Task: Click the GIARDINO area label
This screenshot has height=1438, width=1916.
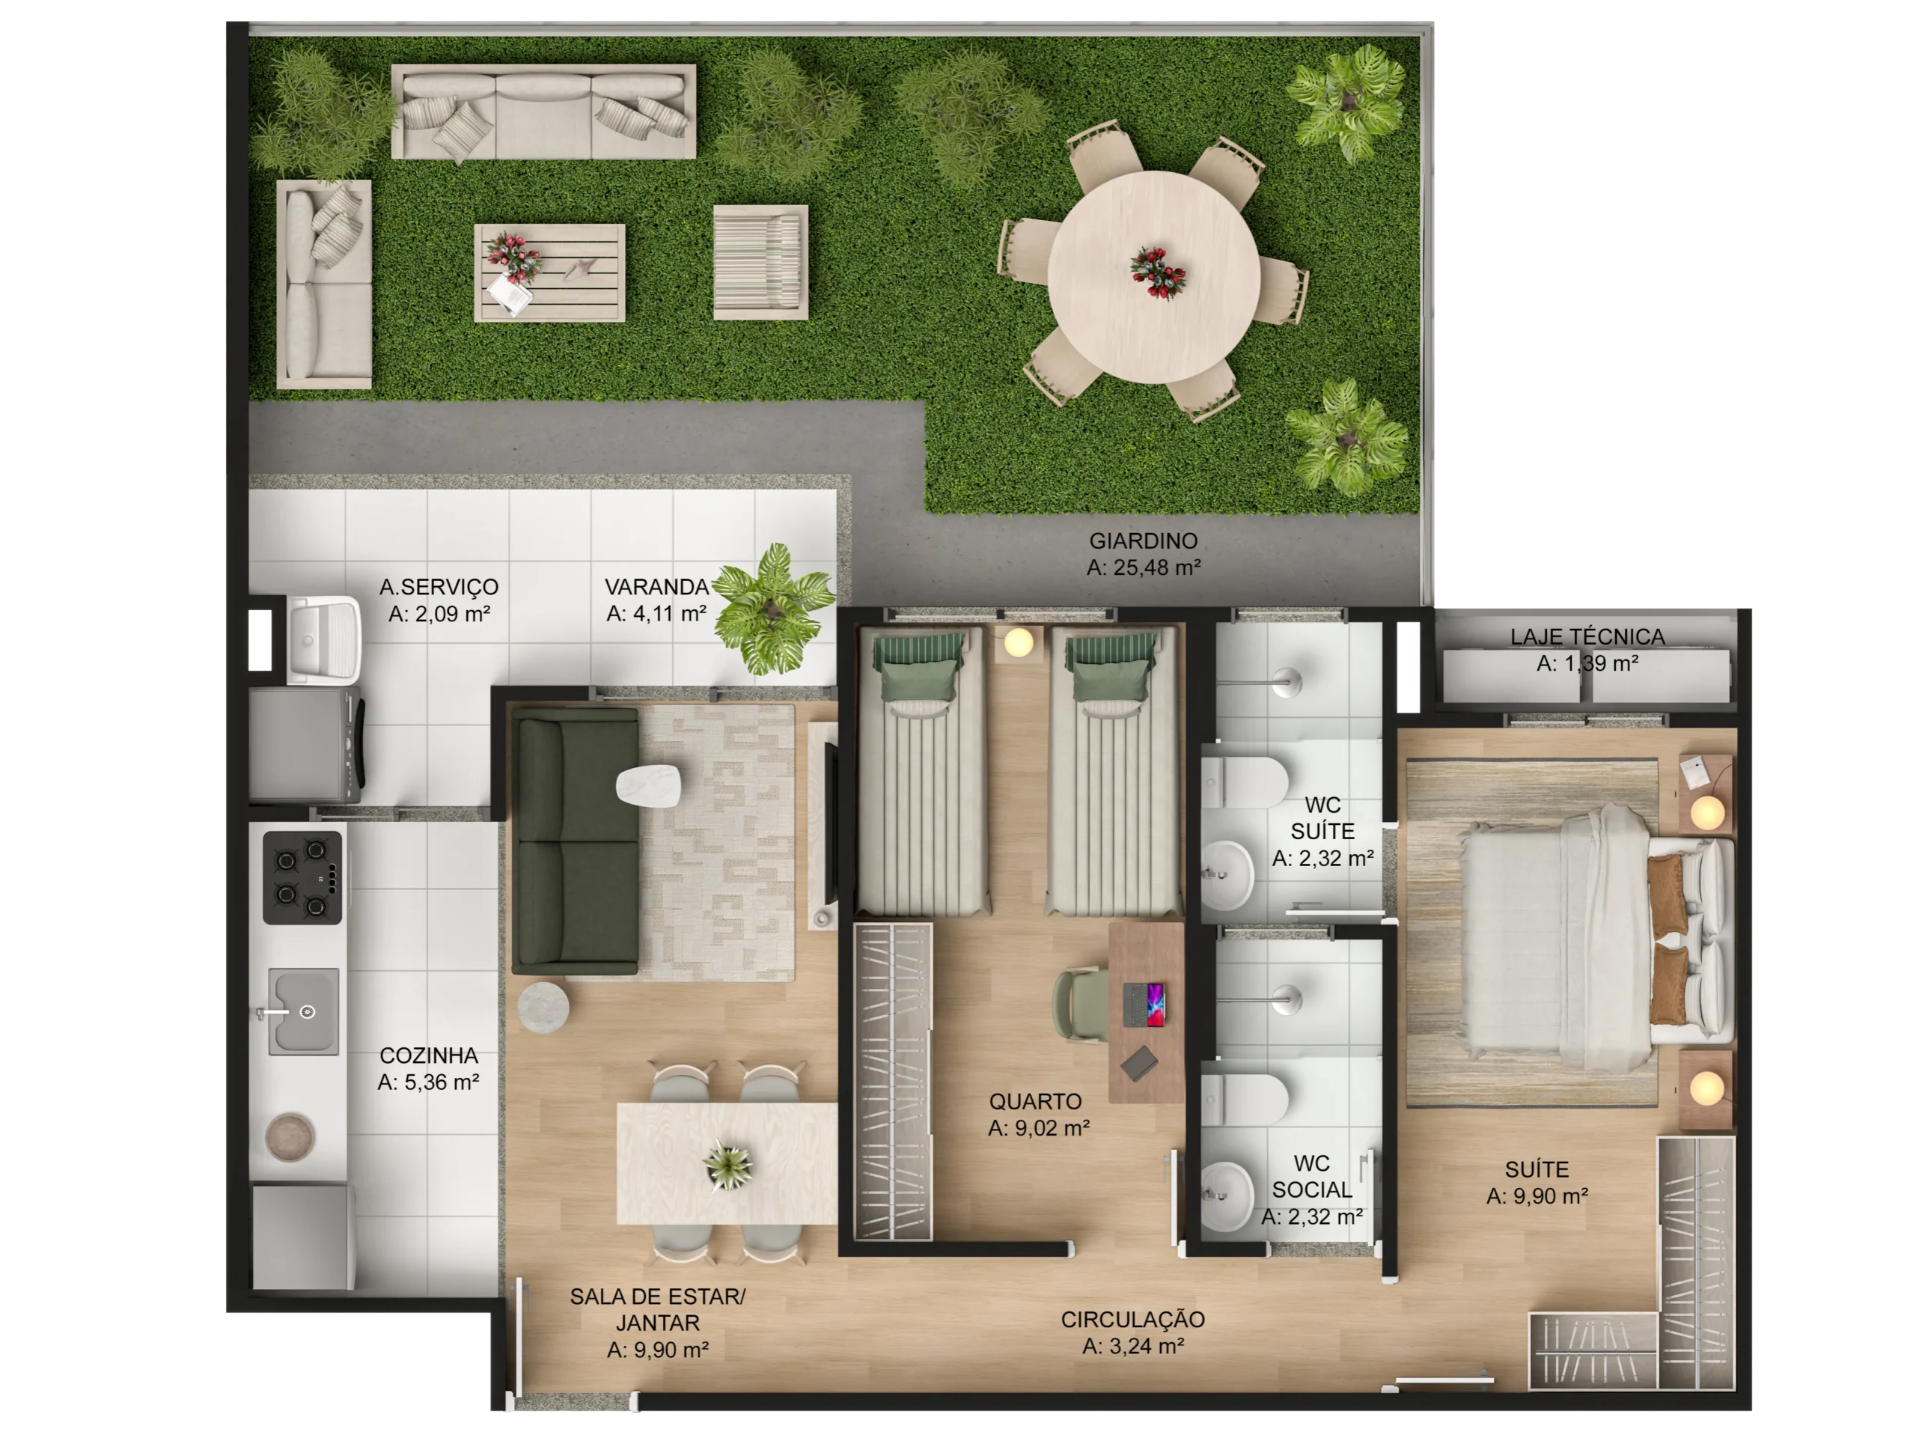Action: [x=1143, y=540]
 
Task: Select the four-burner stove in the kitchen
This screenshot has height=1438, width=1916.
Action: [x=302, y=877]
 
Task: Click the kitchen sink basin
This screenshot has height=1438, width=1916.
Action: [x=303, y=1011]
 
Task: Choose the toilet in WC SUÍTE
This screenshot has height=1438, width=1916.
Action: [x=1244, y=782]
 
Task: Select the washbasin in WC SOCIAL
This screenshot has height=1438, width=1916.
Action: [x=1227, y=1195]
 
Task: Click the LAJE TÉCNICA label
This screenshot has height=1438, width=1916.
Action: [x=1587, y=637]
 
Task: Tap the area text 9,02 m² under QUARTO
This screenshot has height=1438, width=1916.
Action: [x=1039, y=1128]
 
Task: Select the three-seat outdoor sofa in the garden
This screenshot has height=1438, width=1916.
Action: [x=543, y=112]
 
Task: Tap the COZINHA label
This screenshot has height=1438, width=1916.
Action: [x=429, y=1055]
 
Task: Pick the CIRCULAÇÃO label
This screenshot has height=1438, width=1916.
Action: [x=1132, y=1319]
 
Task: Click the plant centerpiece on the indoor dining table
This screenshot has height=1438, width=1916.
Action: [x=727, y=1165]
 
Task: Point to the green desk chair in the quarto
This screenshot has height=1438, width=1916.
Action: [x=1080, y=1004]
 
